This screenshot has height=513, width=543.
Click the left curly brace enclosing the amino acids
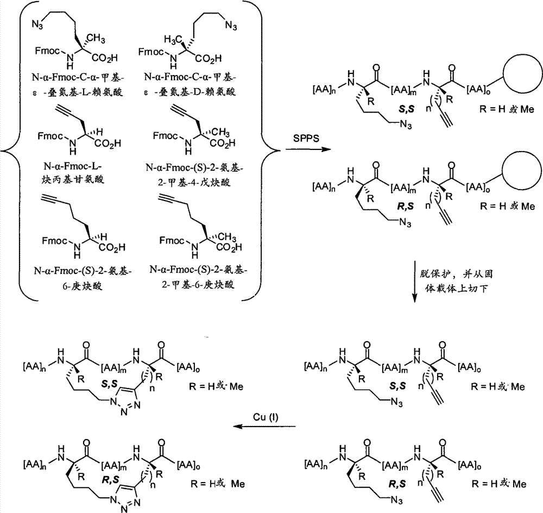pos(10,151)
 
